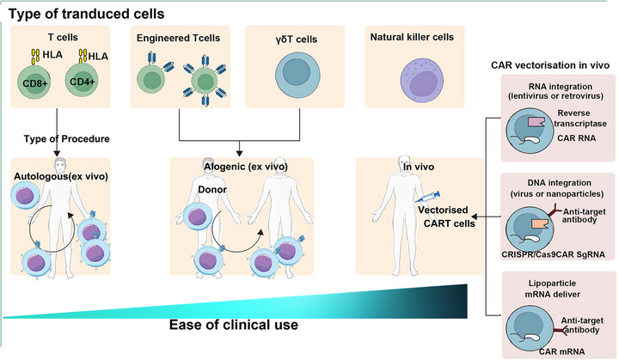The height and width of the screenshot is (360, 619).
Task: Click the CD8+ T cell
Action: pyautogui.click(x=34, y=82)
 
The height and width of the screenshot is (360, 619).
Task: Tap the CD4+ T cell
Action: pyautogui.click(x=82, y=81)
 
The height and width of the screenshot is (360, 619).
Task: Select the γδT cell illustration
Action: pyautogui.click(x=297, y=74)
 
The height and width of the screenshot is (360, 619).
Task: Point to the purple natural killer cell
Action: pyautogui.click(x=422, y=81)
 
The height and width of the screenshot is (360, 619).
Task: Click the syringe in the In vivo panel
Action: pyautogui.click(x=427, y=197)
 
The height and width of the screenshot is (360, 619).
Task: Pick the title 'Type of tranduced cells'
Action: pyautogui.click(x=87, y=15)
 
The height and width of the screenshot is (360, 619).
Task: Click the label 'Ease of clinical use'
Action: pyautogui.click(x=234, y=325)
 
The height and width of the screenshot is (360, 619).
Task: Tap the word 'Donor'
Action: pyautogui.click(x=212, y=190)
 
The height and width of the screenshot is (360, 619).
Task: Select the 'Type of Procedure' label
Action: pyautogui.click(x=67, y=139)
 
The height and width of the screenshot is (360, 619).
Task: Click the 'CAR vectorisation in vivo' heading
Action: pyautogui.click(x=550, y=65)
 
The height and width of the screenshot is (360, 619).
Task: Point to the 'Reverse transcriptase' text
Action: pyautogui.click(x=580, y=119)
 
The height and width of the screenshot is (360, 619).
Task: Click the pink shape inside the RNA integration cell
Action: pyautogui.click(x=536, y=121)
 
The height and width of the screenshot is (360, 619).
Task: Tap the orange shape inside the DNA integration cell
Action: pyautogui.click(x=541, y=223)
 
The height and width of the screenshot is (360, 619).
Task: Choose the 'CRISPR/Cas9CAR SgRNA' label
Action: pyautogui.click(x=553, y=254)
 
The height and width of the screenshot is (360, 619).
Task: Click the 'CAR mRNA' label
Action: pyautogui.click(x=561, y=351)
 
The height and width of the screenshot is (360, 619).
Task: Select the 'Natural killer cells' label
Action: pyautogui.click(x=412, y=37)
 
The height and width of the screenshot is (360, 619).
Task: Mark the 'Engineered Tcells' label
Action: pyautogui.click(x=179, y=39)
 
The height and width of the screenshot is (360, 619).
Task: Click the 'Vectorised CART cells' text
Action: pyautogui.click(x=446, y=217)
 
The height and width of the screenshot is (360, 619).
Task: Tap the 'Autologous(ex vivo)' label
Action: pyautogui.click(x=61, y=176)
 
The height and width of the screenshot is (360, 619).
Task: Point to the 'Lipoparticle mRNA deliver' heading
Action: pyautogui.click(x=552, y=289)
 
